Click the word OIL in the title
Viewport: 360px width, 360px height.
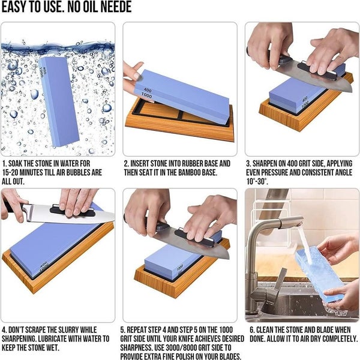87,7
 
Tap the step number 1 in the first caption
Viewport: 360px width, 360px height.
4,163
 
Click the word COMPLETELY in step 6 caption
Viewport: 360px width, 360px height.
329,339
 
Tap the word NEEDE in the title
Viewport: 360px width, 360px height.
113,7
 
